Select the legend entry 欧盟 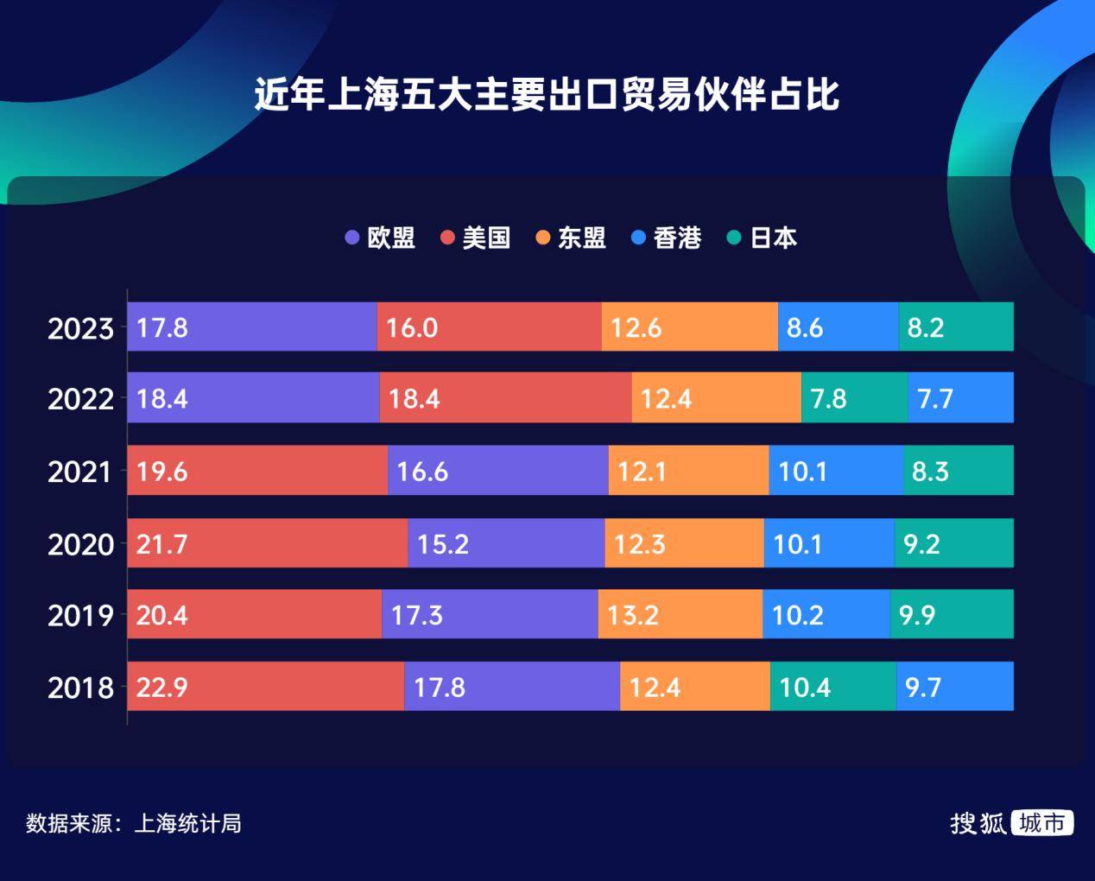pyautogui.click(x=381, y=238)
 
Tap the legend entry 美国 pyautogui.click(x=476, y=238)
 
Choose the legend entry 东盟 pyautogui.click(x=572, y=238)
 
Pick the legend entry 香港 pyautogui.click(x=667, y=238)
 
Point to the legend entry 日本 pyautogui.click(x=763, y=238)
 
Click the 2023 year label pyautogui.click(x=80, y=328)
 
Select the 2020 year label pyautogui.click(x=80, y=544)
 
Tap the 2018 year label pyautogui.click(x=80, y=688)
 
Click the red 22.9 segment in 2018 pyautogui.click(x=266, y=687)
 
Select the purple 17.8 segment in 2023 pyautogui.click(x=252, y=327)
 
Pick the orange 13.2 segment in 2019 pyautogui.click(x=680, y=614)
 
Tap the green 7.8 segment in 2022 pyautogui.click(x=854, y=398)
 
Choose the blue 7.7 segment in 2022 pyautogui.click(x=960, y=398)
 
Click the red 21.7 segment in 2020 pyautogui.click(x=268, y=543)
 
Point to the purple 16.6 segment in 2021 pyautogui.click(x=498, y=471)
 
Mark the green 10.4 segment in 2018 pyautogui.click(x=832, y=687)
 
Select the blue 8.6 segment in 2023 pyautogui.click(x=838, y=327)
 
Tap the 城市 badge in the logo pyautogui.click(x=1041, y=823)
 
